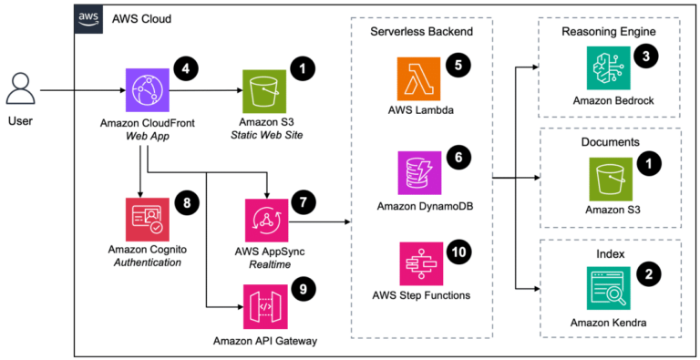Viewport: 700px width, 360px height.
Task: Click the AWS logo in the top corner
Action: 87,19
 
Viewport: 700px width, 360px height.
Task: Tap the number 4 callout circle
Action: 185,68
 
